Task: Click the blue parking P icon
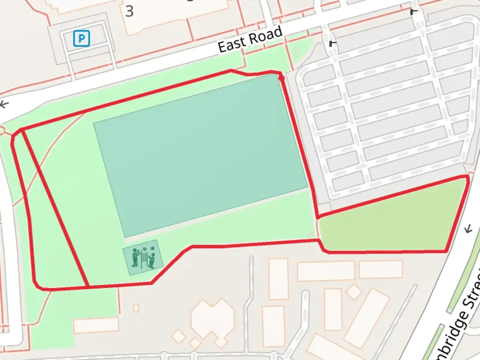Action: click(81, 38)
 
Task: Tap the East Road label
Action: click(250, 40)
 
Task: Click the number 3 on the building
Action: click(129, 11)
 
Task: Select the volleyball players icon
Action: click(143, 257)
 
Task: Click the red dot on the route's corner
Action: click(281, 78)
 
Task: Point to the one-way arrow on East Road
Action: click(4, 104)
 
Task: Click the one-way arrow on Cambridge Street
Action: click(469, 229)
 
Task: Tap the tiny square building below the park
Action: click(136, 308)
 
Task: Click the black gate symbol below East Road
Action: click(332, 43)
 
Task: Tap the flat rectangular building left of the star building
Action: click(96, 325)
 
